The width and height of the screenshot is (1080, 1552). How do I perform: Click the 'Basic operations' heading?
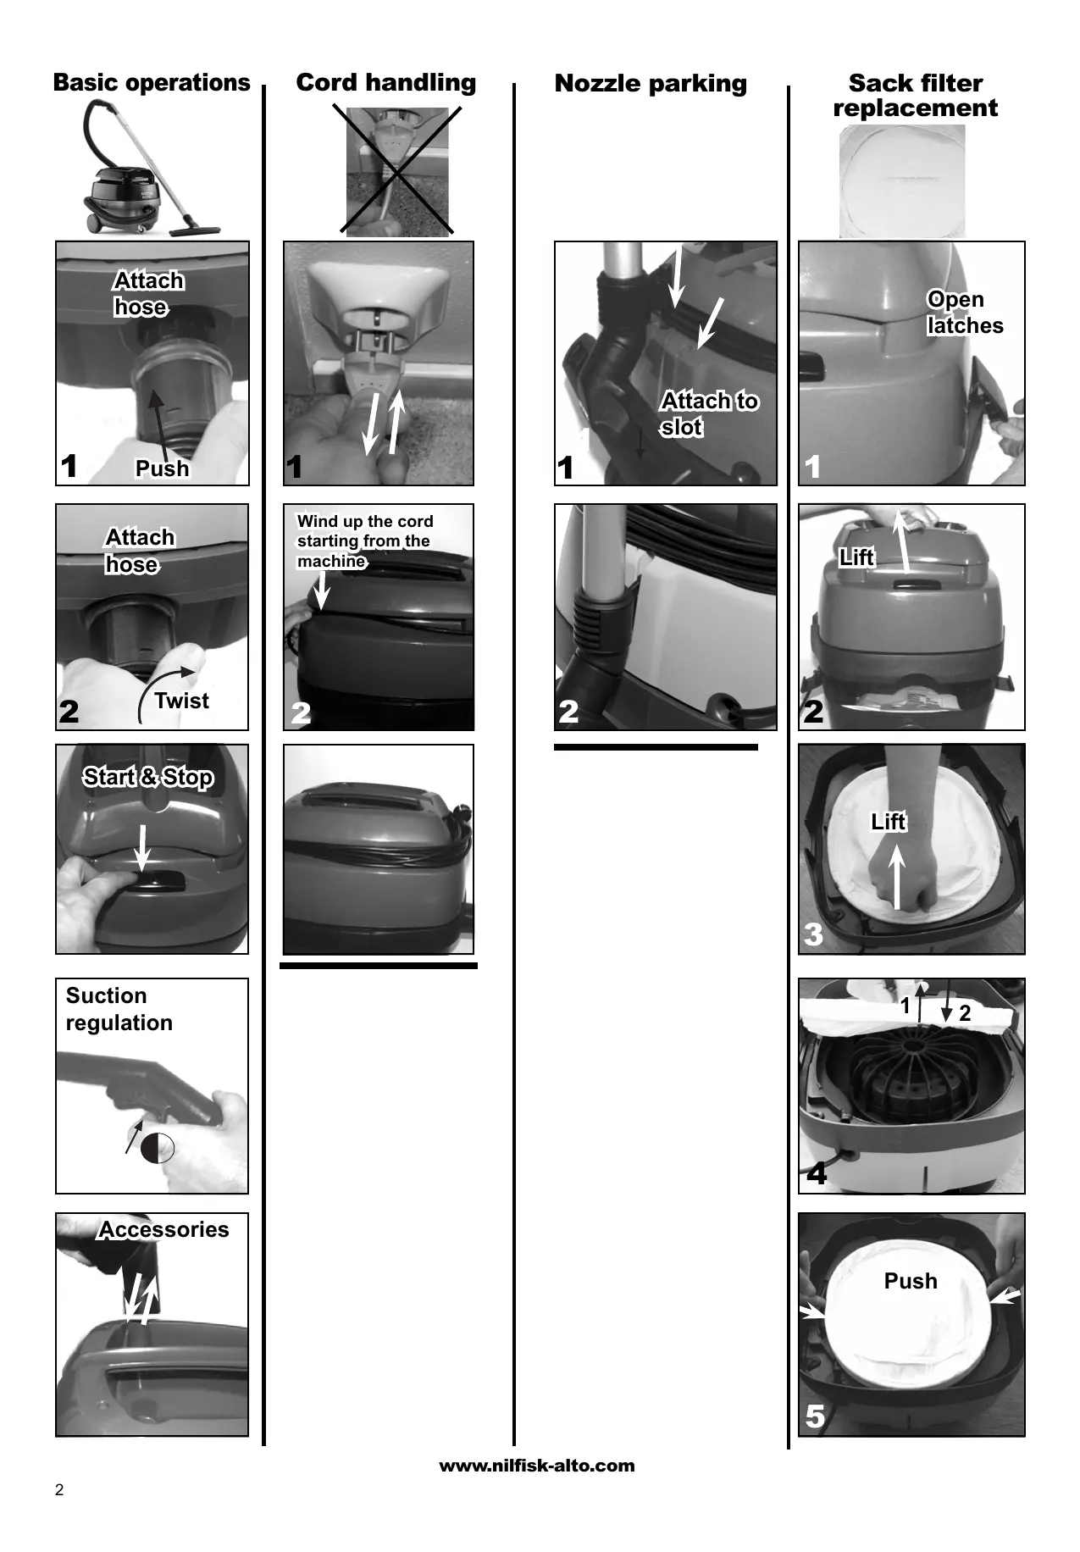(152, 82)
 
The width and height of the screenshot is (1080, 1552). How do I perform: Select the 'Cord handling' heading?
(386, 82)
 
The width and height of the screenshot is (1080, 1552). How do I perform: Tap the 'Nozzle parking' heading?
(651, 83)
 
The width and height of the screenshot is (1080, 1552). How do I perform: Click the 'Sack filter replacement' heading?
(916, 95)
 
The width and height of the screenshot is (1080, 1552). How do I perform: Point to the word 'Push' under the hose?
(163, 468)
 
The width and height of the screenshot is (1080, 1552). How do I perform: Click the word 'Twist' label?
(182, 701)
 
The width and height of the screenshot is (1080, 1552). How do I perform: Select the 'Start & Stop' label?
(148, 777)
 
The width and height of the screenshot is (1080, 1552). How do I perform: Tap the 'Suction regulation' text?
(119, 1009)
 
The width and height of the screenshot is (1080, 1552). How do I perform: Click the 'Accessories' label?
(163, 1229)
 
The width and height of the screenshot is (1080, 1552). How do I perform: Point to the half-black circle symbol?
(158, 1148)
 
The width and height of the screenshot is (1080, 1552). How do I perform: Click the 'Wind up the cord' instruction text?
(365, 540)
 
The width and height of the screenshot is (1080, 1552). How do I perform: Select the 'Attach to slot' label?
(709, 413)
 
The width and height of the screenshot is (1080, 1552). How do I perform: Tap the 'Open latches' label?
(965, 312)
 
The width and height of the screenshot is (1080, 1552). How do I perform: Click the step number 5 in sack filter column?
(815, 1416)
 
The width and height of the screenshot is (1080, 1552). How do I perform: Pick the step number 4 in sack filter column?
(817, 1174)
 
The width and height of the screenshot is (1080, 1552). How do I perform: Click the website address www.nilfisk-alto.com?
(536, 1466)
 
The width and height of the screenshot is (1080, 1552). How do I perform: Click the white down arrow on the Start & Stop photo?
(142, 847)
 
